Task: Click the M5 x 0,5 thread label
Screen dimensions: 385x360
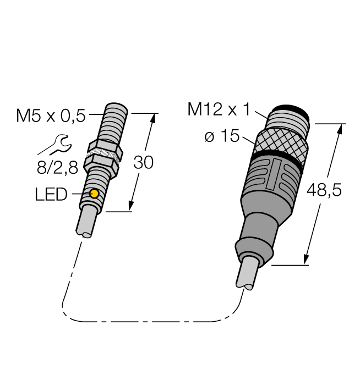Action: tap(51, 116)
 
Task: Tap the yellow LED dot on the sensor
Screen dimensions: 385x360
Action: tap(94, 193)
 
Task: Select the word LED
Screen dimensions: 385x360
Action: tap(51, 194)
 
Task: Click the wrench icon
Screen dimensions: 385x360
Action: tap(54, 145)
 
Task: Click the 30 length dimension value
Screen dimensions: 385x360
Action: tap(144, 163)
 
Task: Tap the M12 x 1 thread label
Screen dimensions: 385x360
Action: tap(219, 110)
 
